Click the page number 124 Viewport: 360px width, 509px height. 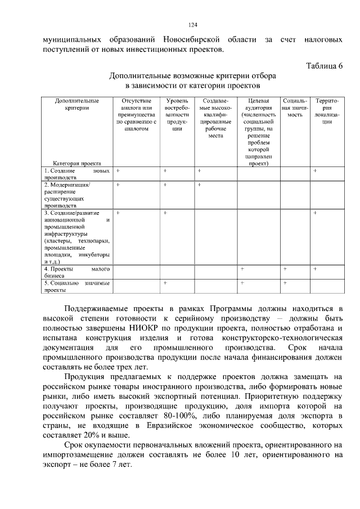click(x=192, y=25)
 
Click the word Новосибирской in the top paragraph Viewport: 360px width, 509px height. click(x=193, y=40)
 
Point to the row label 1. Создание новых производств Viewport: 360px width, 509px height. click(x=77, y=173)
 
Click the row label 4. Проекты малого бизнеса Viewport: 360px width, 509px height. click(x=77, y=272)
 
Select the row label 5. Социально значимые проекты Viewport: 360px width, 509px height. click(x=77, y=287)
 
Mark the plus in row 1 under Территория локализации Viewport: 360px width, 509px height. click(x=315, y=170)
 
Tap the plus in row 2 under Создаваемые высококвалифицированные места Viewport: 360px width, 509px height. click(x=199, y=184)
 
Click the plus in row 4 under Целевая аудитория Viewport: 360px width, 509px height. click(x=242, y=269)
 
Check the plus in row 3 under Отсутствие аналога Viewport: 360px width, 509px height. click(x=118, y=213)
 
